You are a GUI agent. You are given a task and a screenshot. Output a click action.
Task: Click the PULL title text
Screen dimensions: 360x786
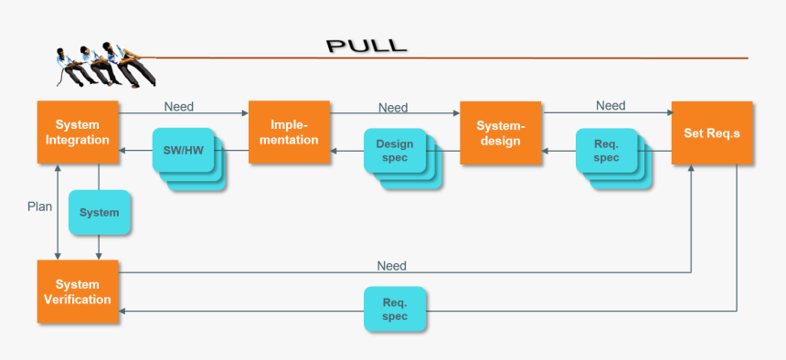pos(366,47)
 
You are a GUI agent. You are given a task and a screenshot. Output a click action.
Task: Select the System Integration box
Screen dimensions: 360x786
pos(78,132)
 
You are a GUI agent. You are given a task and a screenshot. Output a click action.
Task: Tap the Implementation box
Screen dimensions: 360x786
pos(289,132)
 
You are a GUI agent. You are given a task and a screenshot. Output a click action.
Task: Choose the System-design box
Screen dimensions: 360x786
pos(500,132)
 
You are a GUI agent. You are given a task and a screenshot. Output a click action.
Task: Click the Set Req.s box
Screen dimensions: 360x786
pos(712,132)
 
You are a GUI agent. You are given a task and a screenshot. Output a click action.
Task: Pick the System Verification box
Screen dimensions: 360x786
pos(78,291)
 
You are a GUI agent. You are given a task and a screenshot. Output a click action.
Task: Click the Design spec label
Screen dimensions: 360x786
pos(395,151)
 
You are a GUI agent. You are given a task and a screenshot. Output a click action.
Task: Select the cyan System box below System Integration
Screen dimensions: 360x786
pos(100,213)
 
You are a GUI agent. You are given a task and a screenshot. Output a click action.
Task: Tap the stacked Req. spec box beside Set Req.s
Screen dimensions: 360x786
pos(606,151)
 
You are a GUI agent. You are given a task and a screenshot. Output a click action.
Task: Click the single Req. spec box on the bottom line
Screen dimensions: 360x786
pos(395,310)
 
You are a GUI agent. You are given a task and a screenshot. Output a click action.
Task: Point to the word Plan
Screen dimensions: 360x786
pos(39,206)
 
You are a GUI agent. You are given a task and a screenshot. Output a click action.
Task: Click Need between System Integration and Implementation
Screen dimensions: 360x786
pos(179,106)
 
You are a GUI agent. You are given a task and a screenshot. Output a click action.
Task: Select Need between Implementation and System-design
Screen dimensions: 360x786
pos(393,107)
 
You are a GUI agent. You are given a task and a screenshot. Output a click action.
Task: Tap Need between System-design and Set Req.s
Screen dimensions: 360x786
pos(611,105)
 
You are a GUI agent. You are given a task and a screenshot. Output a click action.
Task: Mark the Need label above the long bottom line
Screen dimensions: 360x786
pos(391,266)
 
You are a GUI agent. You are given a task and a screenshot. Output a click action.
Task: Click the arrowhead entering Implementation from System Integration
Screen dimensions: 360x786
pos(244,114)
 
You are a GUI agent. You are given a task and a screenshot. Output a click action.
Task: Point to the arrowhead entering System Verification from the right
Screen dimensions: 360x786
pos(123,311)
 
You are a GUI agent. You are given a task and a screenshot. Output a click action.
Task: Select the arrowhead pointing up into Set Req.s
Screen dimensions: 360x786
pos(692,169)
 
